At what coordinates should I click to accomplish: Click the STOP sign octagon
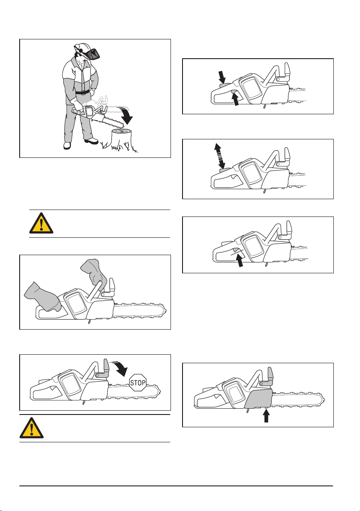pyautogui.click(x=138, y=382)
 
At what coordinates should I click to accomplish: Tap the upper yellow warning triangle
pyautogui.click(x=41, y=223)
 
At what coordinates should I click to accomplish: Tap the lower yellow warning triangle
pyautogui.click(x=32, y=428)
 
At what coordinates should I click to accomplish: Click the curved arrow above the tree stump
pyautogui.click(x=126, y=115)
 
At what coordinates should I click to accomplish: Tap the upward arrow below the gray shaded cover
pyautogui.click(x=266, y=416)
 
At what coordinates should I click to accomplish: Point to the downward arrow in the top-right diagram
pyautogui.click(x=222, y=77)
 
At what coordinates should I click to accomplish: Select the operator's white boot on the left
pyautogui.click(x=67, y=146)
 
